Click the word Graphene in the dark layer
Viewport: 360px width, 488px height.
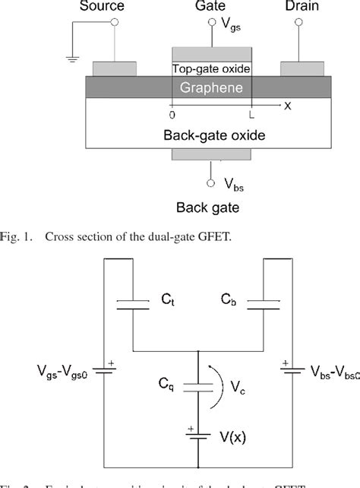[210, 88]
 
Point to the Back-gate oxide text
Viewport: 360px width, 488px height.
[210, 135]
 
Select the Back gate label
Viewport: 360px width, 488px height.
[210, 207]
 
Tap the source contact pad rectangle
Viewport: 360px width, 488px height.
[115, 70]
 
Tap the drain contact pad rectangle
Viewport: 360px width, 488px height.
[305, 70]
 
